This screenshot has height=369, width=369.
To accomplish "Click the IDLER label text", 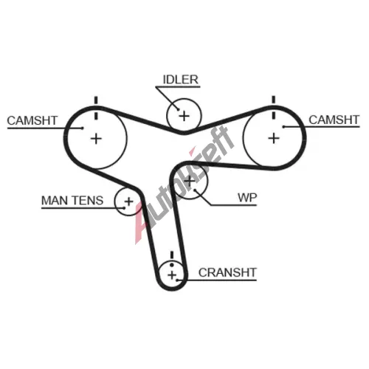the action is pos(181,80).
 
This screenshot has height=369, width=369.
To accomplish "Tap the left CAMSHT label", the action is pos(32,120).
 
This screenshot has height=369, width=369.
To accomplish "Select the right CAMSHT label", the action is pos(334,120).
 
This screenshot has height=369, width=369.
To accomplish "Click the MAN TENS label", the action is pos(72,201).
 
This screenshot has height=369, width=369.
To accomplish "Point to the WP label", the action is pos(247,198).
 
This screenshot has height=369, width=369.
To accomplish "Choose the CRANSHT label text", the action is pos(227,272).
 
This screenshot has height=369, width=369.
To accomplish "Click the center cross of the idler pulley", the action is pos(184,116).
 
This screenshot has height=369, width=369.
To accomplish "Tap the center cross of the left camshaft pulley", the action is pos(96,139).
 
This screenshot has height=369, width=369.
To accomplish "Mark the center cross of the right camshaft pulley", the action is pos(274,138).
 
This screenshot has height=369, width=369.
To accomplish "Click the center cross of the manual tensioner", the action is pos(128,201).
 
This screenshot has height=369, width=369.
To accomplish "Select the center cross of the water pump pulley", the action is pos(190,182).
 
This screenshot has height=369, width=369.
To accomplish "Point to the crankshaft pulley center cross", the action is pos(172,275).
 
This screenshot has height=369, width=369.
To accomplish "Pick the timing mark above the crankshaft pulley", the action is pos(172,255).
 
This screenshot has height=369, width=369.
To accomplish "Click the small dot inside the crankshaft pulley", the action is pos(172,265).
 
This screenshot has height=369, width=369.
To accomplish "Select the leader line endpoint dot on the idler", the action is pos(178,109).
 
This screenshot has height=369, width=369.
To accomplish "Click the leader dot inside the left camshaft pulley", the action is pos(83,128).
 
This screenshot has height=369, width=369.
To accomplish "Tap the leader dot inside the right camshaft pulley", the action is pos(283,127).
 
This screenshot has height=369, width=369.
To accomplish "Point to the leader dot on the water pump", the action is pos(195,190).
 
